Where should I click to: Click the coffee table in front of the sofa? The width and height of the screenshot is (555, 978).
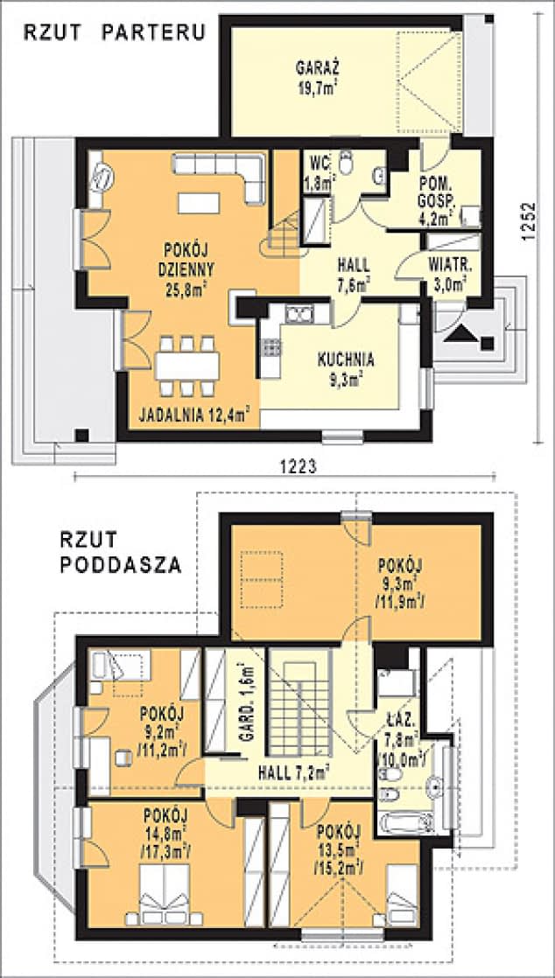[199, 203]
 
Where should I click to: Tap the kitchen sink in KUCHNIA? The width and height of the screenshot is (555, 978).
[299, 314]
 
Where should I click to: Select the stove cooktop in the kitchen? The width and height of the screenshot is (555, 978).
[271, 348]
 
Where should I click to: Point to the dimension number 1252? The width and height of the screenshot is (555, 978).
[529, 220]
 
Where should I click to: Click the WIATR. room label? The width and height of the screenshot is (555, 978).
[451, 265]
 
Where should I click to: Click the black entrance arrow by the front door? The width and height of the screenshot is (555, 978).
[462, 333]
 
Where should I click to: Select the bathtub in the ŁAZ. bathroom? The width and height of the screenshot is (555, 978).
[407, 822]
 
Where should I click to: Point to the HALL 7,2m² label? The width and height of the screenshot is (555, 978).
[292, 772]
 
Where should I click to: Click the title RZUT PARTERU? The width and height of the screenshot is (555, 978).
[115, 32]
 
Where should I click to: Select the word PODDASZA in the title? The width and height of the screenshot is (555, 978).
[121, 565]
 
